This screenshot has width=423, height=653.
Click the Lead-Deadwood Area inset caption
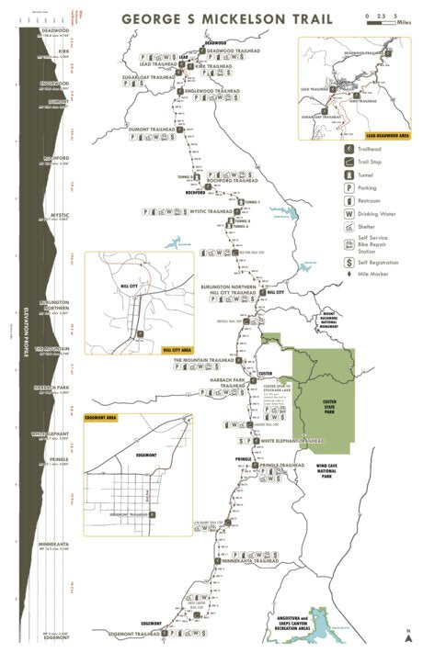point(386,135)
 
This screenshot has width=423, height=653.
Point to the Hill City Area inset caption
point(177,350)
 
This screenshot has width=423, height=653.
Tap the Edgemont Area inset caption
point(99,417)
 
